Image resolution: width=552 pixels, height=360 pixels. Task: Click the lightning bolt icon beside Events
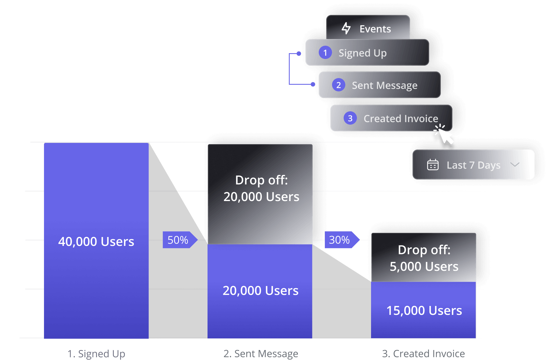[x=346, y=29]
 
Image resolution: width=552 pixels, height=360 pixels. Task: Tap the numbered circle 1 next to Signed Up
[x=325, y=53]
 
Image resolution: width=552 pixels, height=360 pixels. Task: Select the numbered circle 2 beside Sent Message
[x=338, y=85]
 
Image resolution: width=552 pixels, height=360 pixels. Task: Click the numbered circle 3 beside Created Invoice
[x=350, y=118]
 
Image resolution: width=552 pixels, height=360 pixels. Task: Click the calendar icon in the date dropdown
[x=432, y=165]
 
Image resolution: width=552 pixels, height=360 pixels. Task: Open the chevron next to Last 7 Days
[x=515, y=165]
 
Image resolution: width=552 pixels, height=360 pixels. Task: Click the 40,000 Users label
[x=96, y=241]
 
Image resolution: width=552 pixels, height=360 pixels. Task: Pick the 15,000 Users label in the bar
[x=424, y=310]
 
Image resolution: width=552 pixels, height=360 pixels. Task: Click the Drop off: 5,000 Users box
[x=424, y=258]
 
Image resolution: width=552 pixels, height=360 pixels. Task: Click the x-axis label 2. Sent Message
[x=261, y=354]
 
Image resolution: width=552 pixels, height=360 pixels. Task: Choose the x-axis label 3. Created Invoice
[x=423, y=354]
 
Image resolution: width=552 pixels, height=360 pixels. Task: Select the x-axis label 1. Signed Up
[x=96, y=354]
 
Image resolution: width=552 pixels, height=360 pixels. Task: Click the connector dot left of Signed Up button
[x=299, y=54]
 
